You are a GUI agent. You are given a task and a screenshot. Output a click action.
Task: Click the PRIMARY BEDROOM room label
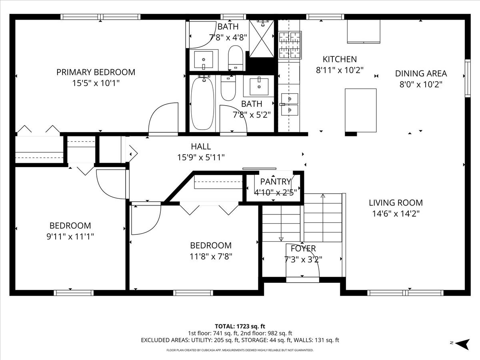click(x=96, y=72)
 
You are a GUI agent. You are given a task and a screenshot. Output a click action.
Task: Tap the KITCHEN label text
click(x=340, y=59)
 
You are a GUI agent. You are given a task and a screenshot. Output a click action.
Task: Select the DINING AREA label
click(x=421, y=74)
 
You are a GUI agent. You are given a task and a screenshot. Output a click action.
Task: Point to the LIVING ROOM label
click(x=396, y=203)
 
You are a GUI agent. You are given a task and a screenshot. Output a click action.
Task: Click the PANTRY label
click(x=276, y=182)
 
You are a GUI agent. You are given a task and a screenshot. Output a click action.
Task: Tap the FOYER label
click(x=303, y=248)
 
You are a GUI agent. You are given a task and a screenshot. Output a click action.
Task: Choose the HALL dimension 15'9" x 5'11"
click(x=201, y=157)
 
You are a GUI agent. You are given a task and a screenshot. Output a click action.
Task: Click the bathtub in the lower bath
click(x=202, y=103)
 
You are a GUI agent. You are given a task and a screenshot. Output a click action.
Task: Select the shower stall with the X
click(x=262, y=39)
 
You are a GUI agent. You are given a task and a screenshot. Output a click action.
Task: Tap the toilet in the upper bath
click(x=236, y=58)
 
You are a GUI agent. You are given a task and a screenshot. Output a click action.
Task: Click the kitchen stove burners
click(x=290, y=45)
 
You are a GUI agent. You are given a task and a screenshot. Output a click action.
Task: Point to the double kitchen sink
click(x=290, y=104)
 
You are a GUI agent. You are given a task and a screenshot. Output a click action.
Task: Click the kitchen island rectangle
click(x=361, y=110)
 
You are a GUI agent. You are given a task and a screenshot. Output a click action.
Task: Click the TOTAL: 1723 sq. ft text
click(x=240, y=326)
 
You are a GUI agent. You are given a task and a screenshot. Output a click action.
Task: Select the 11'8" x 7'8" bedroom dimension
click(x=211, y=256)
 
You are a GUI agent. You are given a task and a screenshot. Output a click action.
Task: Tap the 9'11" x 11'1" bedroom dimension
click(x=70, y=236)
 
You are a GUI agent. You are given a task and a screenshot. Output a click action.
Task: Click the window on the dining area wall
click(x=468, y=78)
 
